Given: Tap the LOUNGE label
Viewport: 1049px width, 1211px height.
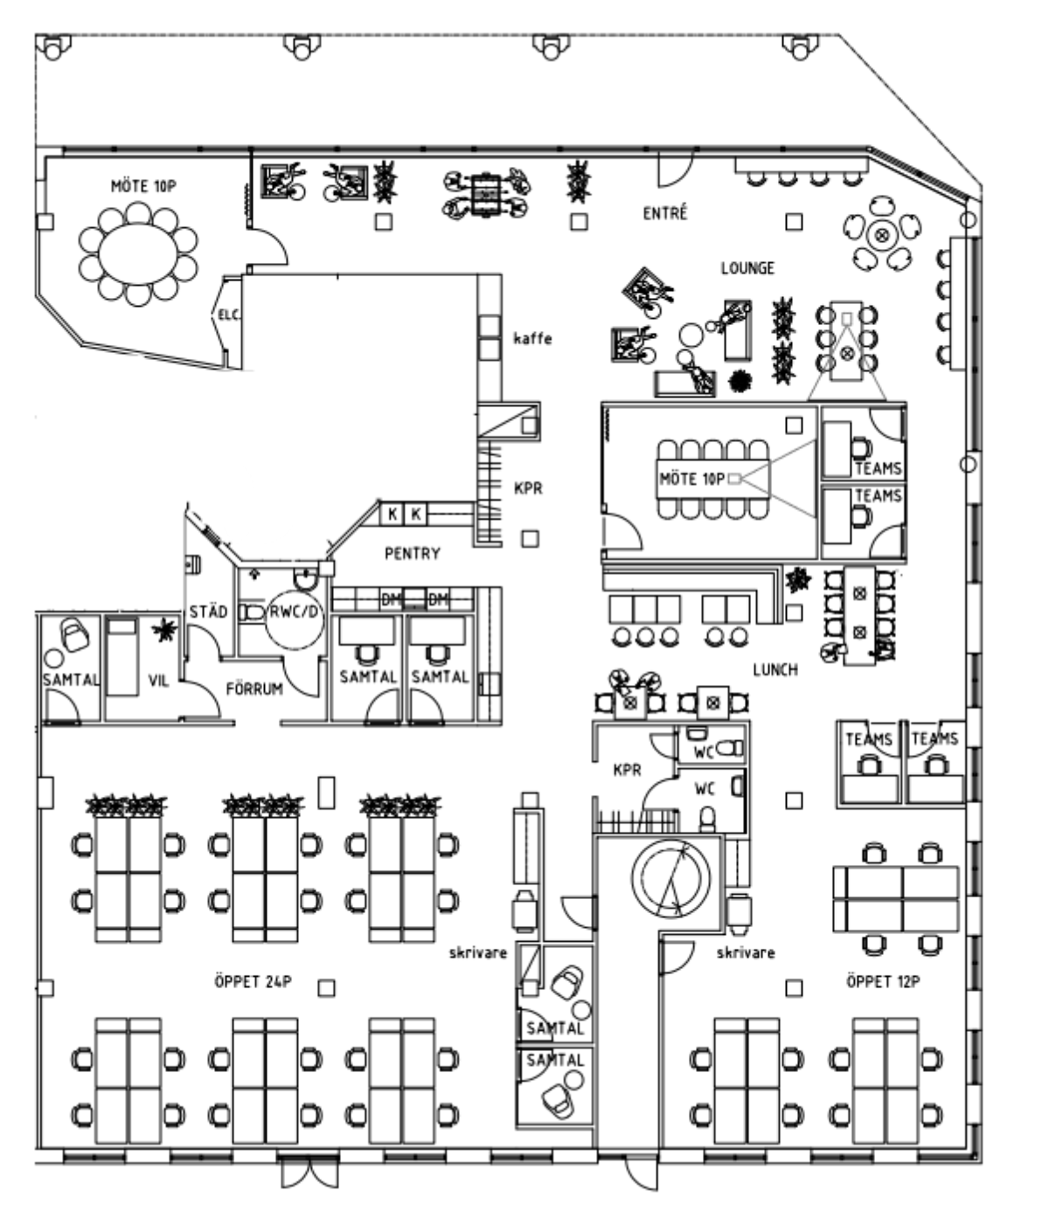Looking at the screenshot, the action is pos(747,267).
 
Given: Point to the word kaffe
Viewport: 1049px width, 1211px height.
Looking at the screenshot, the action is pos(532,338).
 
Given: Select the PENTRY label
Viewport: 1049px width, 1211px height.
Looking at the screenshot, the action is pos(412,553).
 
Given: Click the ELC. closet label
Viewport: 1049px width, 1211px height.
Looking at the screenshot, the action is pos(229,315).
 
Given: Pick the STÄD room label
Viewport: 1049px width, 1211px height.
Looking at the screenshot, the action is pos(208,611).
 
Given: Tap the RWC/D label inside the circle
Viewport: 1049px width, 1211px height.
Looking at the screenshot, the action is pos(295,612).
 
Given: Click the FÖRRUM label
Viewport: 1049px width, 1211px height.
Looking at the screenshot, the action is pos(254,689).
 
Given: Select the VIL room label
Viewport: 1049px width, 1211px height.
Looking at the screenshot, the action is pos(158,680).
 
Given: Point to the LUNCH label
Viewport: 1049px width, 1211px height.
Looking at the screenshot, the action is pos(775,669).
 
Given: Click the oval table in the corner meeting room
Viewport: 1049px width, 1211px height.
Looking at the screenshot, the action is pos(138,253).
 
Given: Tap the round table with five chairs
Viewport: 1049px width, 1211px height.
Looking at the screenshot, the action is pos(881,235).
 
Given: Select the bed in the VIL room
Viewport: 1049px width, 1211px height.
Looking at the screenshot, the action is pos(122,656).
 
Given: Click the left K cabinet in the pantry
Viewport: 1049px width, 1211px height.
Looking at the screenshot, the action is pos(392,514).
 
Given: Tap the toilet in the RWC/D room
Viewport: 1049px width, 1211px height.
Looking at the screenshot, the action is pos(254,612).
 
